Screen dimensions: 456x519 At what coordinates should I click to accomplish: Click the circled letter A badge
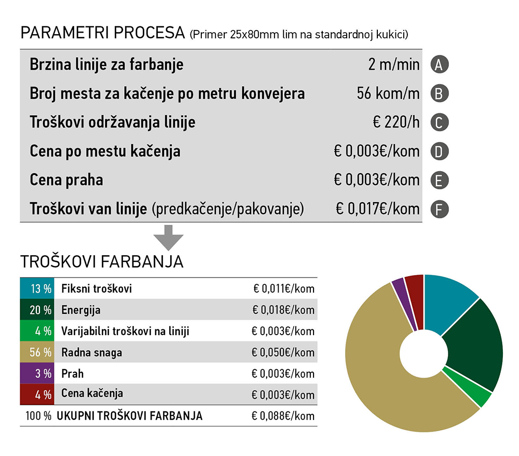pyautogui.click(x=439, y=65)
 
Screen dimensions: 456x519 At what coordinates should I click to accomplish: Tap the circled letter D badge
pyautogui.click(x=439, y=152)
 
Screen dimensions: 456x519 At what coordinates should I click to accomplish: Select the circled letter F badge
pyautogui.click(x=439, y=210)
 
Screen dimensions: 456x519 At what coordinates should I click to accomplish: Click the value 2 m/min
pyautogui.click(x=393, y=65)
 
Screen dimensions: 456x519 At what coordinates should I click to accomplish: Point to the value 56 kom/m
pyautogui.click(x=388, y=94)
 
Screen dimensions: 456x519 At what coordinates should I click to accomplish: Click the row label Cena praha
pyautogui.click(x=66, y=180)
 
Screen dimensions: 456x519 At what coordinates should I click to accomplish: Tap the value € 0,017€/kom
pyautogui.click(x=377, y=209)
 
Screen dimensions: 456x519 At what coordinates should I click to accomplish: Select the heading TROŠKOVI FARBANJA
pyautogui.click(x=102, y=261)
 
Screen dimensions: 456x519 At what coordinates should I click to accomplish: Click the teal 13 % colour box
pyautogui.click(x=36, y=289)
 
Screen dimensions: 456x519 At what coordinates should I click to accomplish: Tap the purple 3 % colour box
pyautogui.click(x=36, y=374)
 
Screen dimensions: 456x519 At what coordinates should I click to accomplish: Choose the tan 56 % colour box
pyautogui.click(x=36, y=353)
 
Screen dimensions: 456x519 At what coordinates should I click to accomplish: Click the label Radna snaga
pyautogui.click(x=92, y=353)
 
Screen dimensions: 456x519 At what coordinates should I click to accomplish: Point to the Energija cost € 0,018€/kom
pyautogui.click(x=283, y=310)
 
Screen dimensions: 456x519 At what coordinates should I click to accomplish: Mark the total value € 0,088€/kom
pyautogui.click(x=283, y=416)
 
